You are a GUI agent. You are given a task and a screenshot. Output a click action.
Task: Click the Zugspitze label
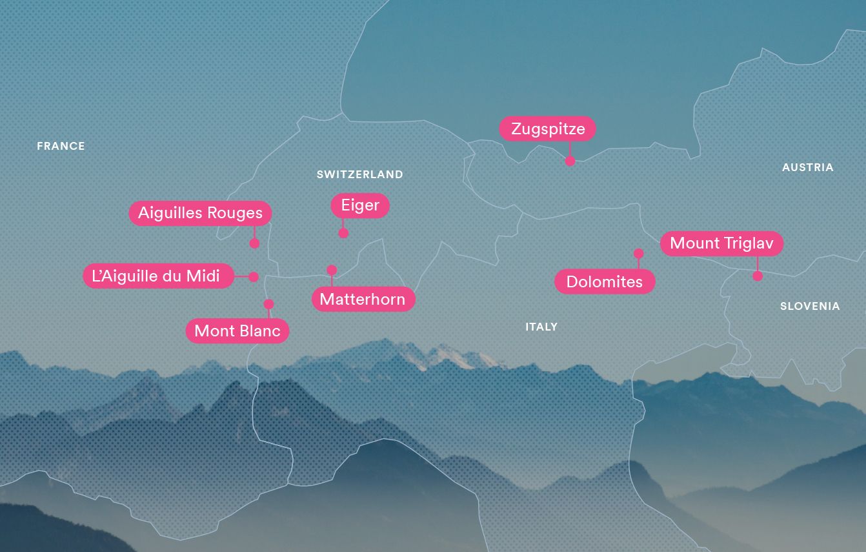pos(547,128)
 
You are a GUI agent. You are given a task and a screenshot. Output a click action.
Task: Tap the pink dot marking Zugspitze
pos(570,161)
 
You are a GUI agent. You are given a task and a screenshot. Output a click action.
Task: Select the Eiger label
pos(360,205)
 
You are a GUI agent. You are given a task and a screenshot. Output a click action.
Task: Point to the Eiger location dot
pos(343,233)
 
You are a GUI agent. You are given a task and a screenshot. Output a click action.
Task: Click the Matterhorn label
pos(363,299)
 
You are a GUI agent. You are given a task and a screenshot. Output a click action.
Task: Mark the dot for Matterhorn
pos(332,270)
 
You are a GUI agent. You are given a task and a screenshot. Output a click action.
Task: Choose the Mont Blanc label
pos(237,331)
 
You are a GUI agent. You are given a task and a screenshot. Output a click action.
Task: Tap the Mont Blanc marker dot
pos(268,304)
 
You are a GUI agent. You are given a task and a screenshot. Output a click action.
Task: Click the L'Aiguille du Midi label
pos(157,276)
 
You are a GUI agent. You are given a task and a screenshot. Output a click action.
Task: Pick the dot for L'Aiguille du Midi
pos(254,276)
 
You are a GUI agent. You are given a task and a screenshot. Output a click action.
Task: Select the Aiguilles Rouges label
pos(200,213)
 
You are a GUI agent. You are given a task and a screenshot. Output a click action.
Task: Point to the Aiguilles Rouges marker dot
pos(254,243)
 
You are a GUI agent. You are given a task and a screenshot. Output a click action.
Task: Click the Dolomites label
pos(605,281)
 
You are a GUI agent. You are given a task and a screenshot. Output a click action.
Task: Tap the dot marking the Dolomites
pos(639,253)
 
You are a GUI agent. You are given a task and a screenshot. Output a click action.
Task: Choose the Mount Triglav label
pos(721,243)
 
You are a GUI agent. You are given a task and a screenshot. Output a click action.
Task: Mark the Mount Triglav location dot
pos(758,276)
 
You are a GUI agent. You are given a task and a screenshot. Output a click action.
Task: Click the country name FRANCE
pos(61,147)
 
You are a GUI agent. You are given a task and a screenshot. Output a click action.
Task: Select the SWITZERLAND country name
pos(359,174)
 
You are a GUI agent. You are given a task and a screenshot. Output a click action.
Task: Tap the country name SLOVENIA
pos(810,306)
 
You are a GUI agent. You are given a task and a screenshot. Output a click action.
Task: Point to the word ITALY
pos(541,327)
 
